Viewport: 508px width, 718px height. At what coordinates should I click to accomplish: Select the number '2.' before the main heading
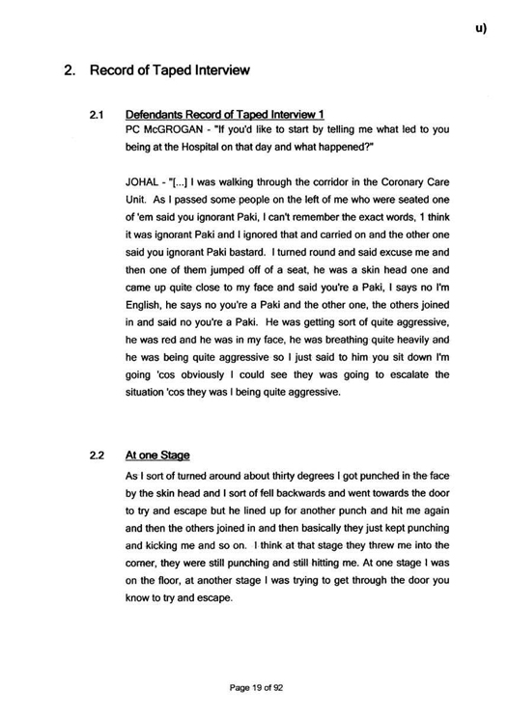[70, 70]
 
